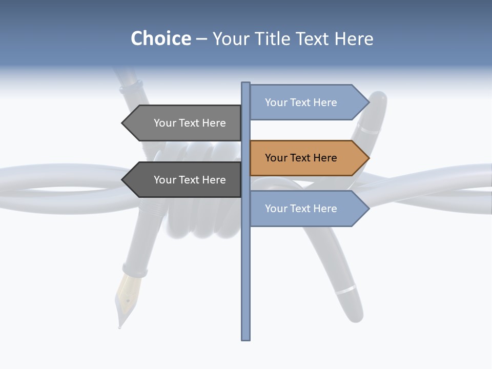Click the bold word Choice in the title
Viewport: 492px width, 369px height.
click(160, 38)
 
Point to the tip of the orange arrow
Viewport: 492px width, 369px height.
click(368, 158)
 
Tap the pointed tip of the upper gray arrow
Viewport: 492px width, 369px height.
click(122, 123)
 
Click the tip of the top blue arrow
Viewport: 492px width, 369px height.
click(368, 102)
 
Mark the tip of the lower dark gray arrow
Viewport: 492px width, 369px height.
click(122, 180)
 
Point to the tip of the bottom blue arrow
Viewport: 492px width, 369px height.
click(368, 209)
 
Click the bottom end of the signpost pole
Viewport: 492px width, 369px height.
click(246, 338)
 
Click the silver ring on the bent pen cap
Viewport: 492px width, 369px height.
click(345, 290)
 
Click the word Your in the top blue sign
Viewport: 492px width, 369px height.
click(276, 102)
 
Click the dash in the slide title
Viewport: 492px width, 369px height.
click(201, 39)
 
